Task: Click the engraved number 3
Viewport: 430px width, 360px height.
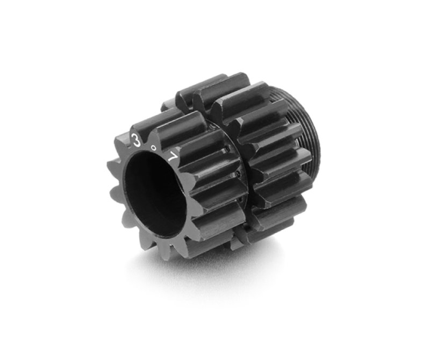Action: (135, 140)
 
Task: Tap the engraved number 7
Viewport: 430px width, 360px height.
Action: (174, 157)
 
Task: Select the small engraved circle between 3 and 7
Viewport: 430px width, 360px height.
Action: (154, 148)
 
